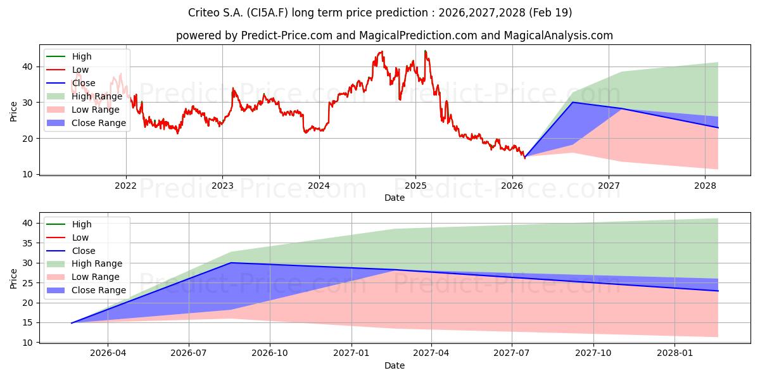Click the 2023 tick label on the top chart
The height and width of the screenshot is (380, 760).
pyautogui.click(x=222, y=186)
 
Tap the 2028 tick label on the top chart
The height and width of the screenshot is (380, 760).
pyautogui.click(x=705, y=186)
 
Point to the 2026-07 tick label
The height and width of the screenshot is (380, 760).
pyautogui.click(x=189, y=353)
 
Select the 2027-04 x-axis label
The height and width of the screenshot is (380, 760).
pyautogui.click(x=431, y=353)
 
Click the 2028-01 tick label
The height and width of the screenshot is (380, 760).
pyautogui.click(x=674, y=353)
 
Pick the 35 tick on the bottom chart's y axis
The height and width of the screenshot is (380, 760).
pyautogui.click(x=27, y=243)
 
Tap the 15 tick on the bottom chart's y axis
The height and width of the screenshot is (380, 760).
pyautogui.click(x=27, y=322)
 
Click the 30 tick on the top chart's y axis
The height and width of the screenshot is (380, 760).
pyautogui.click(x=27, y=103)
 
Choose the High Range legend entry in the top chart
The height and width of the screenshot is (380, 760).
pyautogui.click(x=84, y=96)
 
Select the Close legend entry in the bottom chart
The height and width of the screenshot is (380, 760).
pyautogui.click(x=70, y=251)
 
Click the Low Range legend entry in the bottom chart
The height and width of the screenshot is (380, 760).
pyautogui.click(x=83, y=277)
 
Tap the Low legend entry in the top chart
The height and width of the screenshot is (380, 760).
pyautogui.click(x=67, y=70)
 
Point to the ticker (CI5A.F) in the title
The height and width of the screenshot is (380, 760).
pyautogui.click(x=268, y=13)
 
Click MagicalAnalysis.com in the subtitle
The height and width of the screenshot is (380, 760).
pyautogui.click(x=558, y=35)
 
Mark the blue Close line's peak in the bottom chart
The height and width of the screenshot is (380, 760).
pyautogui.click(x=231, y=263)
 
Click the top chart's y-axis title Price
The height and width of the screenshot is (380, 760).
pyautogui.click(x=13, y=111)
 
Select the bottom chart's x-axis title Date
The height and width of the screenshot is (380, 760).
pyautogui.click(x=394, y=365)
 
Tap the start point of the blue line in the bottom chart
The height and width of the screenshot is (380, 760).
pyautogui.click(x=71, y=323)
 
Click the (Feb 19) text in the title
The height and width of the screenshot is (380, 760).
pyautogui.click(x=550, y=13)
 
